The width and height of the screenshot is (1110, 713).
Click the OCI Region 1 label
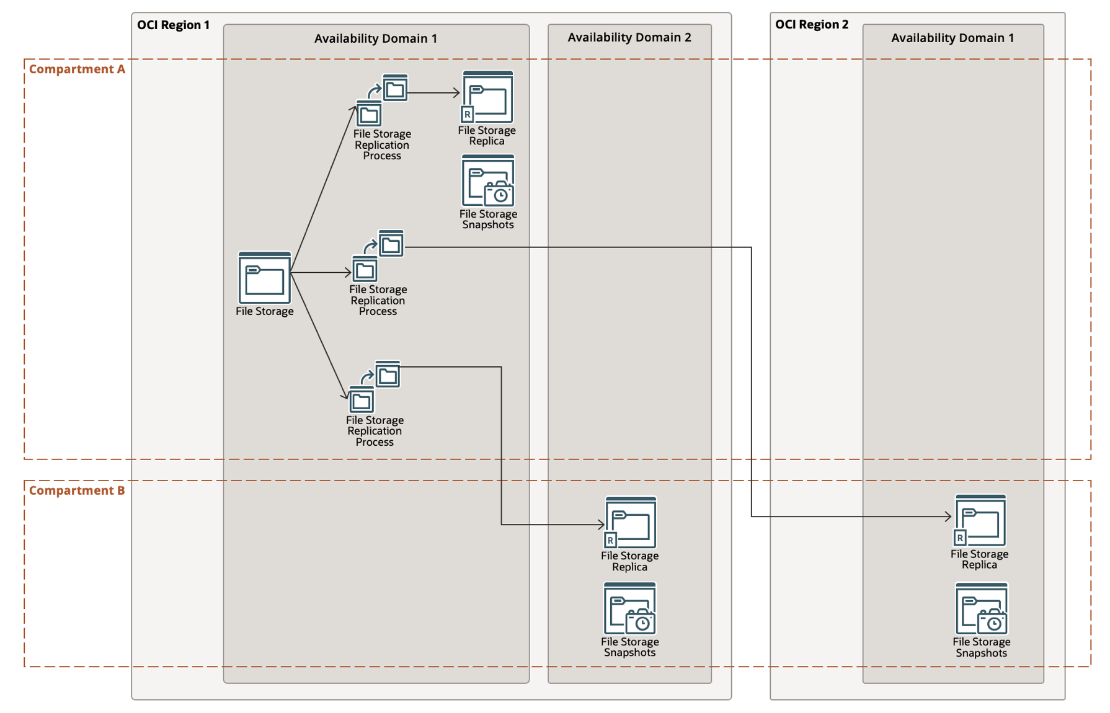click(173, 25)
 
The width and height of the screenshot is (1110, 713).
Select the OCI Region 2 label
click(811, 24)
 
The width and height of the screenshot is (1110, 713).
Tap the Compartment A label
click(77, 69)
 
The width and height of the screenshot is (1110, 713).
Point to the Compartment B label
click(77, 490)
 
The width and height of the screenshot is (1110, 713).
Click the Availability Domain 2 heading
click(629, 37)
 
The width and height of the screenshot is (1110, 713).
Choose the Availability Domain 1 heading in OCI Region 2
click(952, 38)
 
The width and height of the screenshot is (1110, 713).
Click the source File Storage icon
click(265, 278)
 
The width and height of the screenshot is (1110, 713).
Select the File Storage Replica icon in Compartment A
click(487, 97)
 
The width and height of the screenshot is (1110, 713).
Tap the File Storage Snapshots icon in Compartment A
click(488, 181)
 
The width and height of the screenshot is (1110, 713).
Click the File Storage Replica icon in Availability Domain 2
click(631, 523)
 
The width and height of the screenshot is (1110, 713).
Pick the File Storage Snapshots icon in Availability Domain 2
click(630, 609)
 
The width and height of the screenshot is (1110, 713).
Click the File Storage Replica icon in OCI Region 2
click(980, 520)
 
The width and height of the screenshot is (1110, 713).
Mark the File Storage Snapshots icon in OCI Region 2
click(982, 609)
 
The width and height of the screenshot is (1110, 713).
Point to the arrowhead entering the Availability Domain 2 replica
click(601, 525)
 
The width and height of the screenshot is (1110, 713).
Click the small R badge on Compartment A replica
click(468, 115)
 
